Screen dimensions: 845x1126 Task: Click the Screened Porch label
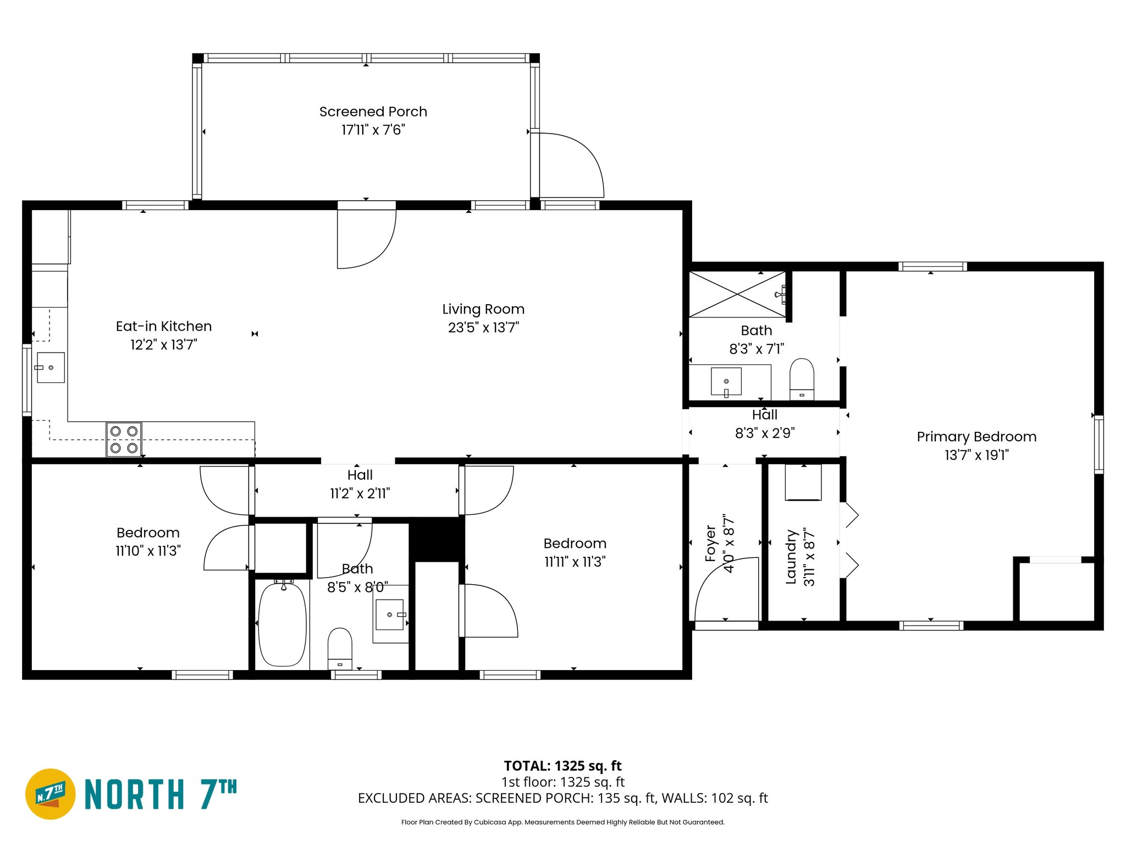(x=373, y=112)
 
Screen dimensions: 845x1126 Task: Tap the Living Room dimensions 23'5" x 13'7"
(x=483, y=328)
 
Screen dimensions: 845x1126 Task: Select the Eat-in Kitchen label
(x=163, y=326)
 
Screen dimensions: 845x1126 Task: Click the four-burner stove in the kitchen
(x=124, y=440)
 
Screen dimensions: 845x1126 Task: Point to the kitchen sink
(x=51, y=367)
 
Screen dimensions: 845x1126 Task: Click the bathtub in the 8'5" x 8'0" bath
(x=282, y=624)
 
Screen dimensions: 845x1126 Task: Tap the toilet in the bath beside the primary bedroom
(x=802, y=378)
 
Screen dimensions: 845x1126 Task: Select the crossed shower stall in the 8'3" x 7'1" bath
(x=737, y=294)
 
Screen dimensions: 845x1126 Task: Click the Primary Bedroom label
(x=976, y=437)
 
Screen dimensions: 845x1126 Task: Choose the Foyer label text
(x=710, y=544)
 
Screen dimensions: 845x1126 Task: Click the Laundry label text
(x=791, y=557)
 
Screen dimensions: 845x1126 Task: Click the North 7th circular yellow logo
(x=51, y=794)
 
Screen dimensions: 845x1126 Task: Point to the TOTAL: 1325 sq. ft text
(x=562, y=766)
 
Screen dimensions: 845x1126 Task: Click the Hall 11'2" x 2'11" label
(x=360, y=484)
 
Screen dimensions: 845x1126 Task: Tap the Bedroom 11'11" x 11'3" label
(x=575, y=552)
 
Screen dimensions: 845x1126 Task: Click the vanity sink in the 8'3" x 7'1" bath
(x=726, y=381)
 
